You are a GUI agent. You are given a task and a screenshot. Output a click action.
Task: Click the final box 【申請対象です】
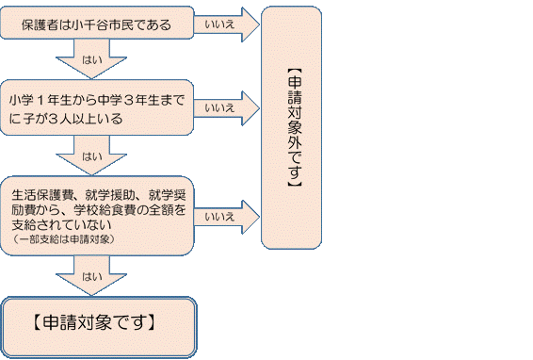[x=99, y=322]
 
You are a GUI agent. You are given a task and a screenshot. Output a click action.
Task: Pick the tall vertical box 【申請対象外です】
[x=297, y=127]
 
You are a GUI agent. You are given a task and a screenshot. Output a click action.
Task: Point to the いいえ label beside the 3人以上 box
[x=218, y=107]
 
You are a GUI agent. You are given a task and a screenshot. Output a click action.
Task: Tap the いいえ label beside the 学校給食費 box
[x=218, y=217]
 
